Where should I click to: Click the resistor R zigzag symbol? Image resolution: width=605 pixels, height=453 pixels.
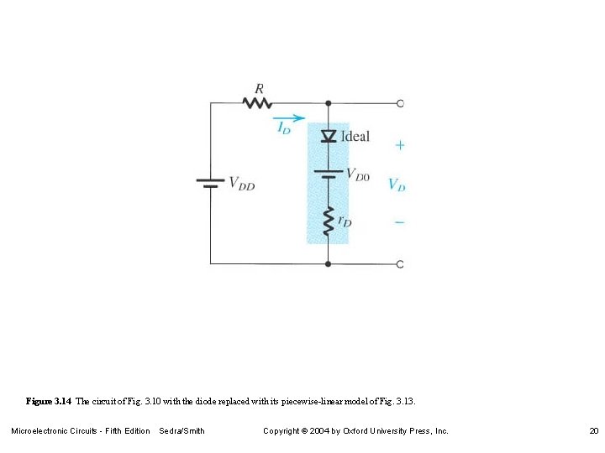(257, 102)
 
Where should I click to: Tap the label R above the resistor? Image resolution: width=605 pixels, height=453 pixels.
(259, 88)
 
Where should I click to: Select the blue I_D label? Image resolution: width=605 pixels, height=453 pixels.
(284, 129)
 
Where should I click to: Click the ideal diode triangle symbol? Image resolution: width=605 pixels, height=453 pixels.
(328, 136)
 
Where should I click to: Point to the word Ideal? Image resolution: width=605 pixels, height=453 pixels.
(355, 136)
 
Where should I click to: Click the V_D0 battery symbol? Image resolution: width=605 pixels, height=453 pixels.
(328, 174)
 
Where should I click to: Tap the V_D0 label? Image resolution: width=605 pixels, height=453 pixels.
(357, 175)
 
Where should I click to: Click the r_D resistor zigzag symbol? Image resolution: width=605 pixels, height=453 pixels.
(328, 221)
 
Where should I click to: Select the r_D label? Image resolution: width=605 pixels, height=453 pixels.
(345, 221)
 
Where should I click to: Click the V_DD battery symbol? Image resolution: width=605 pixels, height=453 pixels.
(210, 183)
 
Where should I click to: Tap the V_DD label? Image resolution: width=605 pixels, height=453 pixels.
(241, 184)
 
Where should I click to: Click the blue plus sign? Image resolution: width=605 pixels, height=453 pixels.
(399, 145)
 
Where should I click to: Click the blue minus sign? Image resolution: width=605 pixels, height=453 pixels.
(399, 222)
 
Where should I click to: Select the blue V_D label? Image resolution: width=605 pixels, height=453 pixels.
(397, 184)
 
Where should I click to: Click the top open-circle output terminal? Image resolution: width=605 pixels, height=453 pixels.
(399, 103)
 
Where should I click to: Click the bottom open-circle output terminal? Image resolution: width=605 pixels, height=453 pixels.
(399, 264)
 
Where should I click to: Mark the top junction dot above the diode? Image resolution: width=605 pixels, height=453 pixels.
(328, 103)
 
